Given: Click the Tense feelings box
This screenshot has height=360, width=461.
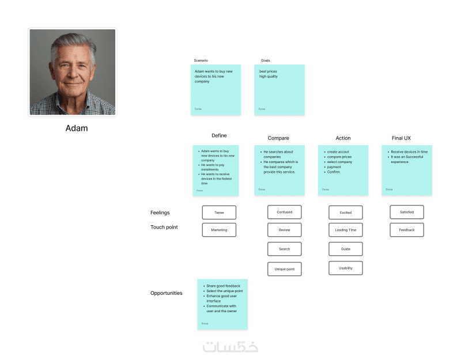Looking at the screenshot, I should pos(219,213).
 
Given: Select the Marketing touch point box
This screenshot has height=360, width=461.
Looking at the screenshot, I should pos(219,230).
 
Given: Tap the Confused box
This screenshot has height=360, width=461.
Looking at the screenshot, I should pos(284,212).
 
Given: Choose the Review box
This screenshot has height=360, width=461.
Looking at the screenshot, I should pos(284,230).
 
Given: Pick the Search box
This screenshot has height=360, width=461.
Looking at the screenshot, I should pos(284,249).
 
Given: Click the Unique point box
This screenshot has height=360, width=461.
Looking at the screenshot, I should pos(284,269).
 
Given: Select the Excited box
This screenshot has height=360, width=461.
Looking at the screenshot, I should pos(346,213).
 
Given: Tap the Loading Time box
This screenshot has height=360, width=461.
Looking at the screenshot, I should pos(346,230).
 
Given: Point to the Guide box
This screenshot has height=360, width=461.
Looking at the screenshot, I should pos(346,249).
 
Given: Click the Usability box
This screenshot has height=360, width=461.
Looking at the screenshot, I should pos(346,268).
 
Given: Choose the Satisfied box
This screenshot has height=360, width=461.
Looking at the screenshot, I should pos(407,212).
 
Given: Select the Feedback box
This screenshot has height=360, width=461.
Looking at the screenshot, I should pos(407,230).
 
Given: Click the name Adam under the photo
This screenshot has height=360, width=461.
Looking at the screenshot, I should pos(77,128).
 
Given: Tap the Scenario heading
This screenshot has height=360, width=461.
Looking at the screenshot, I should pos(201,60).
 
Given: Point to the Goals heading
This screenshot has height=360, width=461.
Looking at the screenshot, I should pos(265,60).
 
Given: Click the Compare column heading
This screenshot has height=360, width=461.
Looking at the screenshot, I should pos(278,138).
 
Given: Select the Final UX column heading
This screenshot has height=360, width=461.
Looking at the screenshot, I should pos(401,138).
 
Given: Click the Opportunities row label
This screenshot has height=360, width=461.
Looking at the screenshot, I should pos(166,293).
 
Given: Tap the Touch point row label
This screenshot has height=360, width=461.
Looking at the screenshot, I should pos(164,227).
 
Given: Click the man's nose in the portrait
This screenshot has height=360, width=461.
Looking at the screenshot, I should pos(71,73).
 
